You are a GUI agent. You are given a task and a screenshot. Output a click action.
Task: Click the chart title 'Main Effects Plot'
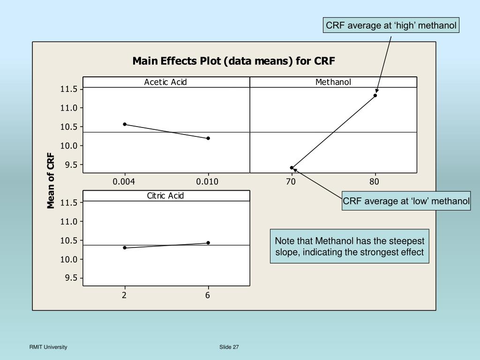pyautogui.click(x=234, y=61)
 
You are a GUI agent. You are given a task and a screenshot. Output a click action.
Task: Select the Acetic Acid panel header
pyautogui.click(x=165, y=82)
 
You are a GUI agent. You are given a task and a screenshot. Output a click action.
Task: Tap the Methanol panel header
pyautogui.click(x=333, y=82)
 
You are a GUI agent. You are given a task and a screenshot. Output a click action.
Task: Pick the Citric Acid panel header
pyautogui.click(x=165, y=195)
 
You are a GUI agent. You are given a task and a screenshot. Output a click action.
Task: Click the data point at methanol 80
pyautogui.click(x=375, y=96)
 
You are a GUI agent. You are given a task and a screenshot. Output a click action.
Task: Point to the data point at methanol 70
pyautogui.click(x=292, y=167)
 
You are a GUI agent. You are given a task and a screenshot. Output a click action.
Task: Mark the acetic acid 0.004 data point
pyautogui.click(x=125, y=124)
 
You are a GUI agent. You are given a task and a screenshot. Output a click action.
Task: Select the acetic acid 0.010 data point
pyautogui.click(x=208, y=138)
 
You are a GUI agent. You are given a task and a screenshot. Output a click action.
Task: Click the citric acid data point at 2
pyautogui.click(x=125, y=247)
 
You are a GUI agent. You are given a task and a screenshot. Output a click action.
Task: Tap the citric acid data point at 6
pyautogui.click(x=208, y=243)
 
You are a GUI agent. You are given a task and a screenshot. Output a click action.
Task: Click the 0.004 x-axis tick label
pyautogui.click(x=124, y=182)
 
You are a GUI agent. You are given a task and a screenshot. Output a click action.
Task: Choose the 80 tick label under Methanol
pyautogui.click(x=375, y=182)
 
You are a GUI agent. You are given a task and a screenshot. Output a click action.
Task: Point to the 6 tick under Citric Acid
pyautogui.click(x=208, y=295)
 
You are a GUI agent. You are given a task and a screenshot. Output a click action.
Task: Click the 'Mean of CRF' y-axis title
pyautogui.click(x=51, y=183)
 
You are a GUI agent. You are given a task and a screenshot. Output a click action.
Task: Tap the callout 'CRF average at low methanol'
pyautogui.click(x=406, y=202)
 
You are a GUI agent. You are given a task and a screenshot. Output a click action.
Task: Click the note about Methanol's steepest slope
pyautogui.click(x=349, y=247)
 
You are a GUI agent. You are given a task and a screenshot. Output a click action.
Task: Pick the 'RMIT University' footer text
pyautogui.click(x=48, y=347)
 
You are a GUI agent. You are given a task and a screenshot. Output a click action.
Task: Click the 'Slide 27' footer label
pyautogui.click(x=229, y=347)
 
